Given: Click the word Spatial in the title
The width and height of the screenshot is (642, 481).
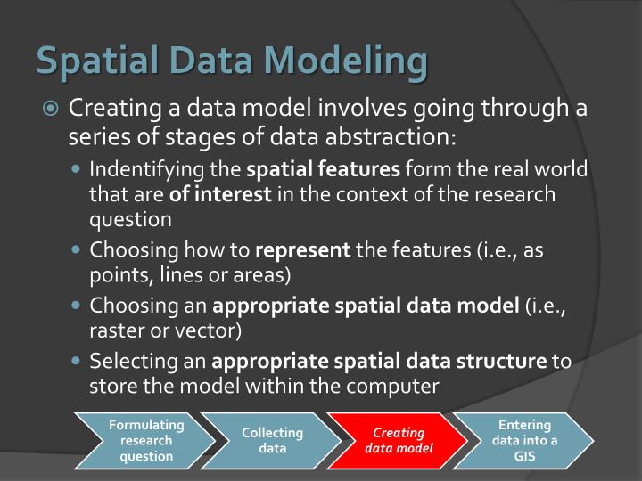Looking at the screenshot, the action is pyautogui.click(x=90, y=62).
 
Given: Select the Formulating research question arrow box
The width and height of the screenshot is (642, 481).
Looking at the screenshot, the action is pyautogui.click(x=145, y=440).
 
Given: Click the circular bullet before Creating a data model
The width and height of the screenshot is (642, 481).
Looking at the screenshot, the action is pyautogui.click(x=51, y=110).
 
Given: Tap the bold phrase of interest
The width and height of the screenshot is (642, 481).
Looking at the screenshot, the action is pyautogui.click(x=221, y=193).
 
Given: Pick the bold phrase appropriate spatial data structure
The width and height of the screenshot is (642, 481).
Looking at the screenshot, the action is pyautogui.click(x=379, y=363).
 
